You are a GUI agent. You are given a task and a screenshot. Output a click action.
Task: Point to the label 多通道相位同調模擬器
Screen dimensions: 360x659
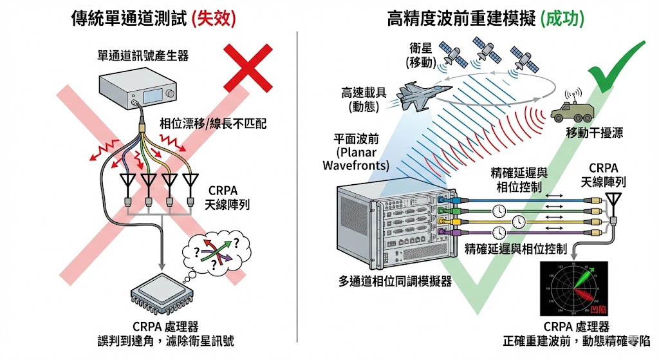click(x=394, y=281)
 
